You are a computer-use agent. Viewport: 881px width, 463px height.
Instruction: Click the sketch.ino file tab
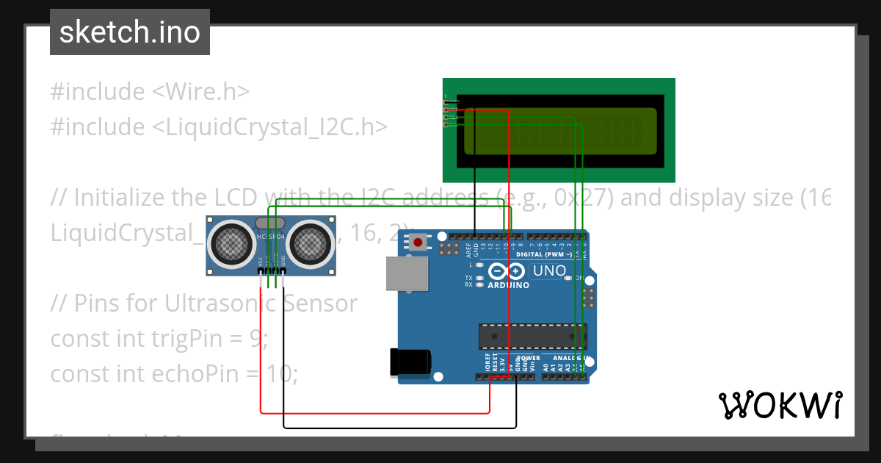tap(130, 32)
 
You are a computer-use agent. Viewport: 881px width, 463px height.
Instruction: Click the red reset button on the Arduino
tap(418, 242)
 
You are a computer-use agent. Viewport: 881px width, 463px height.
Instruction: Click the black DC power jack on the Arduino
tap(410, 362)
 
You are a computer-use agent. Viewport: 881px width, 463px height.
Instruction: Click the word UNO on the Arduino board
tap(549, 270)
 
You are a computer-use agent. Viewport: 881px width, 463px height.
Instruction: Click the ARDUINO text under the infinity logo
tap(508, 285)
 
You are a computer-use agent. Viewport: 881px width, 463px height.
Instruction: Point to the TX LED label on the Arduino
tap(468, 278)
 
